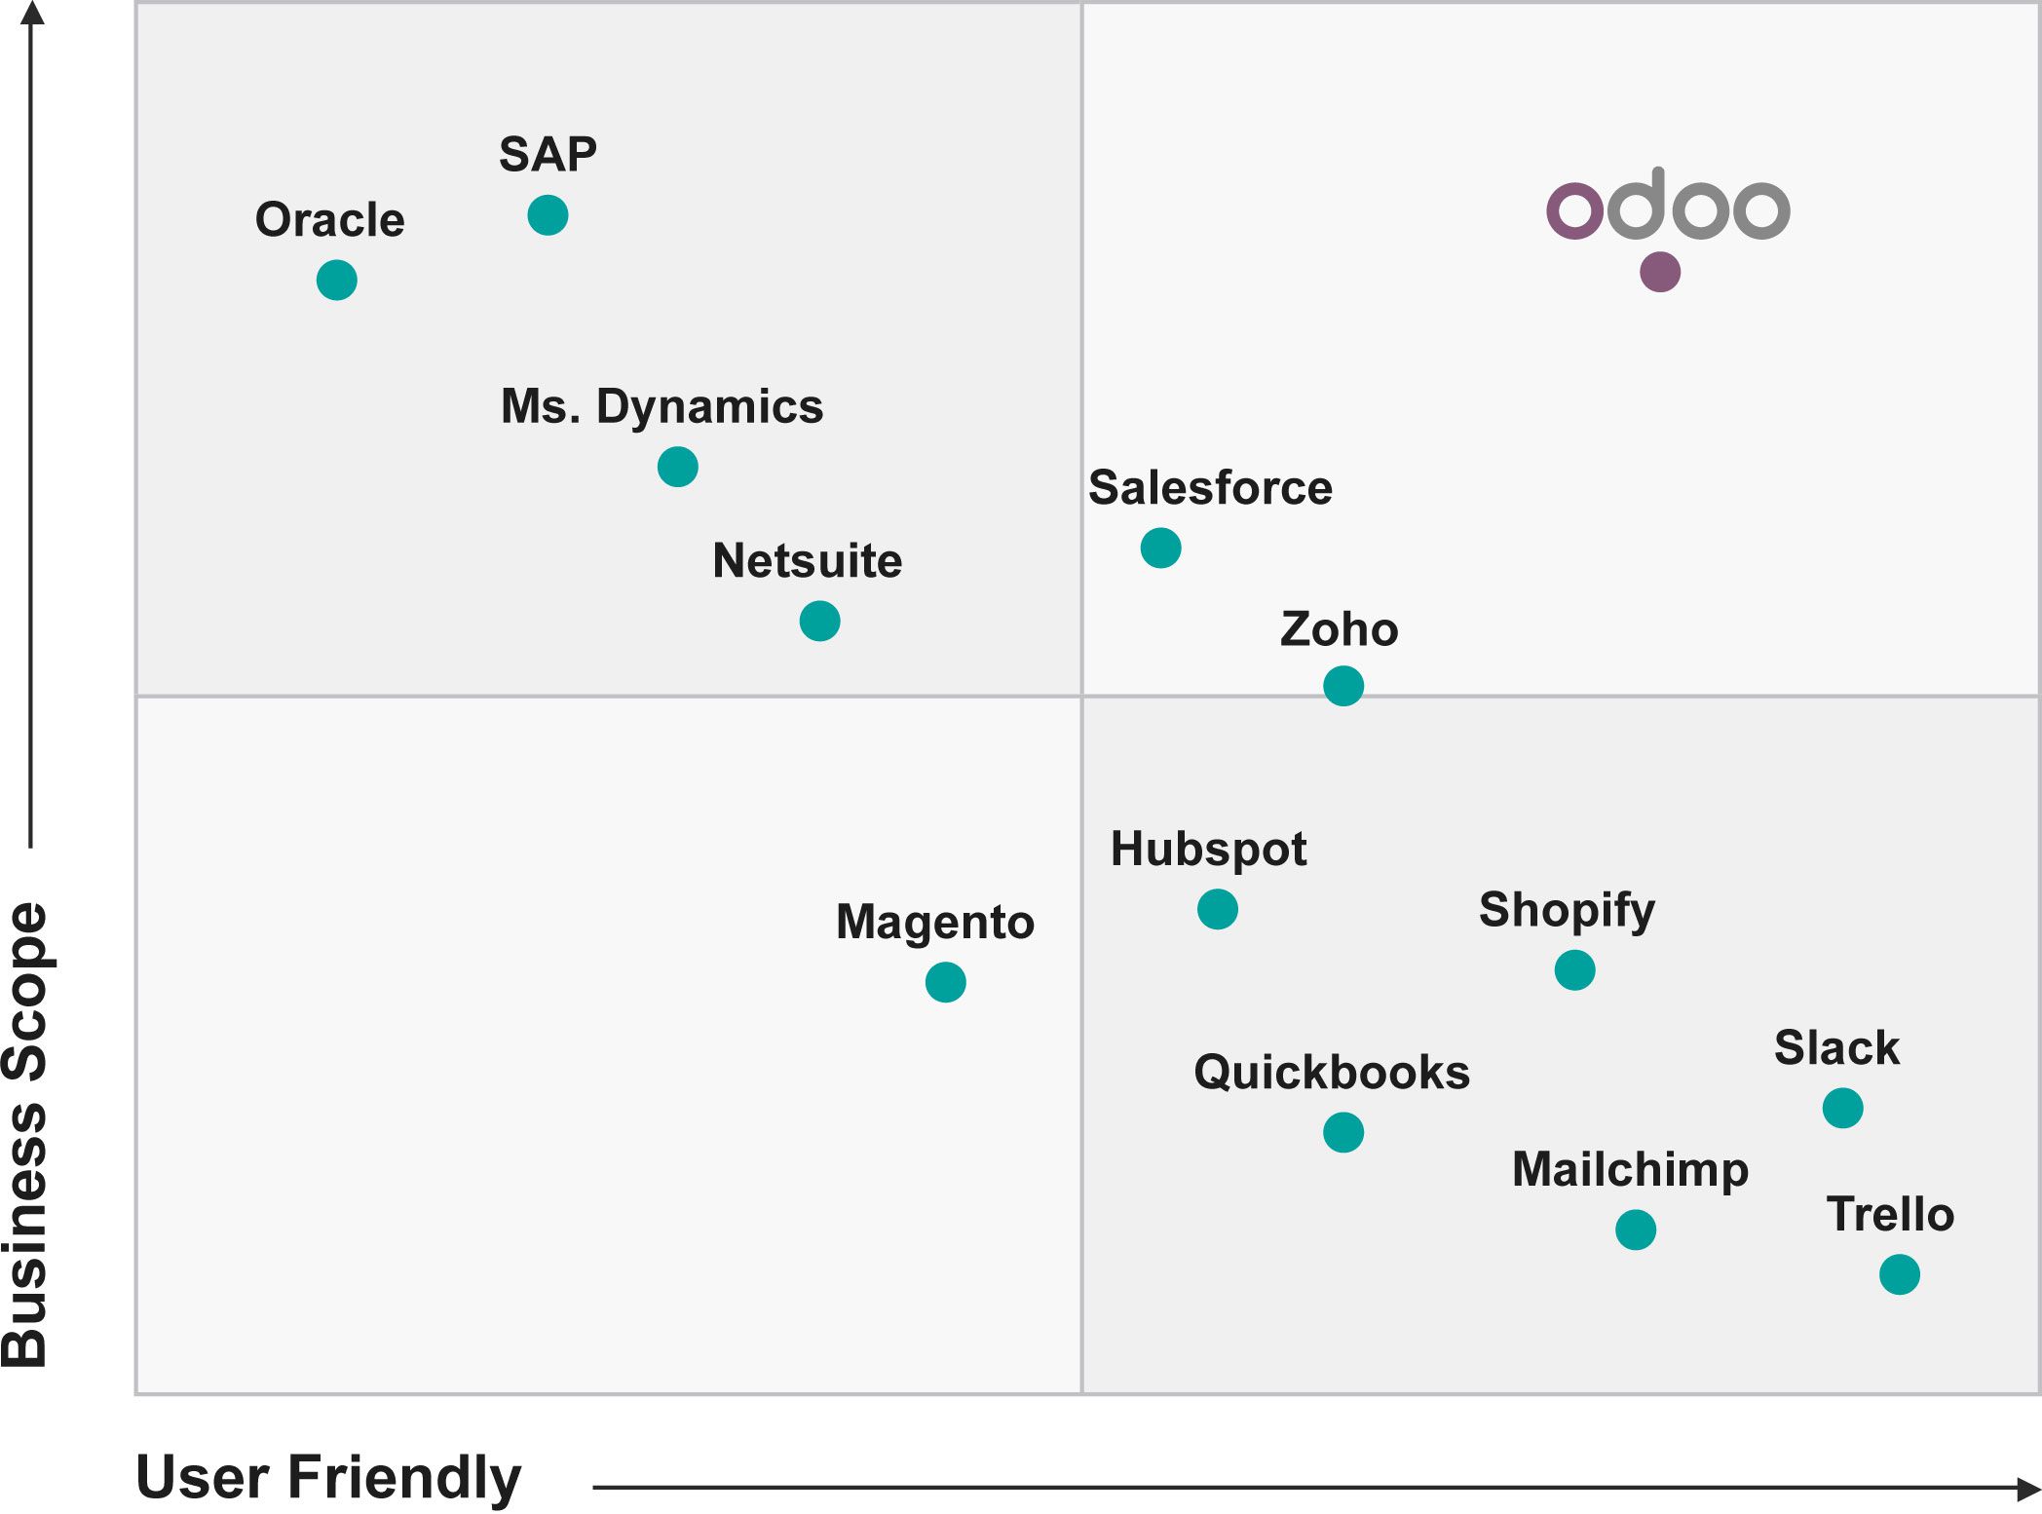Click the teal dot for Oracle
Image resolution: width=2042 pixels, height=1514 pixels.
coord(337,281)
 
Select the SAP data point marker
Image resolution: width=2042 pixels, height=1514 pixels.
coord(548,215)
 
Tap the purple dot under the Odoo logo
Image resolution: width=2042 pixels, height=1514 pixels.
coord(1660,272)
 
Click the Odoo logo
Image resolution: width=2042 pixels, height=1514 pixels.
coord(1668,205)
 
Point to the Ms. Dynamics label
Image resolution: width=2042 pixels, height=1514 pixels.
coord(662,407)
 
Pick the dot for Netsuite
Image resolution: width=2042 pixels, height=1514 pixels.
coord(819,621)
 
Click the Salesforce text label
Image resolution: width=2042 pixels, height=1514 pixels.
coord(1210,488)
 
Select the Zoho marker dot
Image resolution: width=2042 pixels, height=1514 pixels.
coord(1343,686)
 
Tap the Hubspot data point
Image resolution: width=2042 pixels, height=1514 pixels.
coord(1218,909)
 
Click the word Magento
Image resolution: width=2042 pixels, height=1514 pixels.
coord(935,922)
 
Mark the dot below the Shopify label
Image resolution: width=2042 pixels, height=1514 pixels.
coord(1574,970)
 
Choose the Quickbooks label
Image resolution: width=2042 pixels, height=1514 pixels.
coord(1332,1073)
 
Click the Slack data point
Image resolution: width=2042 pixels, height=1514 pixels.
coord(1842,1108)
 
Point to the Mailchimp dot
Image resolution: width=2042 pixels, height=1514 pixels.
coord(1636,1230)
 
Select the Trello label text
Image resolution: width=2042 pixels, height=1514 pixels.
coord(1890,1215)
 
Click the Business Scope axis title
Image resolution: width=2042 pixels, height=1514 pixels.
coord(25,1135)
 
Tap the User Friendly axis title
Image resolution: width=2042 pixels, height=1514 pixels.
coord(328,1477)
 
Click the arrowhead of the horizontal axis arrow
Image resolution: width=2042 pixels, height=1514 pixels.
coord(2028,1488)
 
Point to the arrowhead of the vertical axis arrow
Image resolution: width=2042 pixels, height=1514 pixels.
coord(32,13)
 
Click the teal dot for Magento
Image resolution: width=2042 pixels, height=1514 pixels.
coord(945,982)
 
